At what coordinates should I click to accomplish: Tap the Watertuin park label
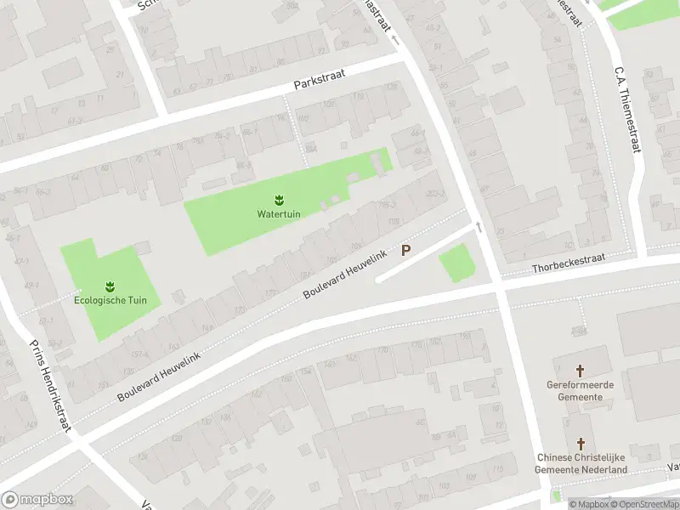click(x=278, y=213)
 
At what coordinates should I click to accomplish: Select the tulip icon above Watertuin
click(x=278, y=200)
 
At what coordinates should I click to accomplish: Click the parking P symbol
click(x=406, y=251)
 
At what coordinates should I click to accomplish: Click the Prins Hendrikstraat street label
click(x=49, y=384)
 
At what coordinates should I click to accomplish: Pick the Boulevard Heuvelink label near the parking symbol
click(x=346, y=275)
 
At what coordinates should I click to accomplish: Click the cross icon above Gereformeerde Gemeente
click(x=581, y=371)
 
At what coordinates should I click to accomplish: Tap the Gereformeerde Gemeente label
click(x=581, y=390)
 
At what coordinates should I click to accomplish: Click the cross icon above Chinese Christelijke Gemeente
click(x=581, y=444)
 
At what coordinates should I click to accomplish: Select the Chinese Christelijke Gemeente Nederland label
click(x=581, y=463)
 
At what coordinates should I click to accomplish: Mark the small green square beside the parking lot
click(x=456, y=263)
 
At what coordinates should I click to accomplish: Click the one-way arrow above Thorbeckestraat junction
click(x=478, y=227)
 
